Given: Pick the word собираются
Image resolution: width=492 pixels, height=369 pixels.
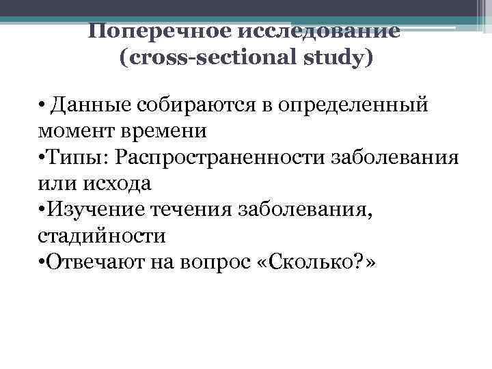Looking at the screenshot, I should [x=193, y=106].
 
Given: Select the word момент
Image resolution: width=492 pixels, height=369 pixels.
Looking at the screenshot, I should [x=70, y=131].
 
